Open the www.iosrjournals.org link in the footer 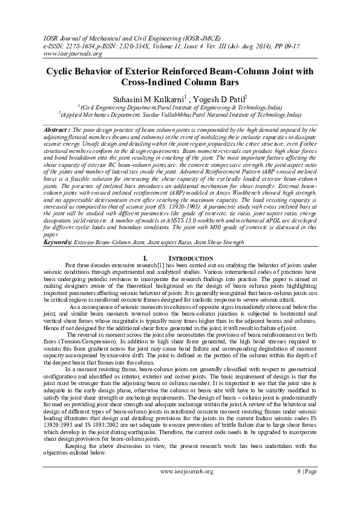coord(187,487)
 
